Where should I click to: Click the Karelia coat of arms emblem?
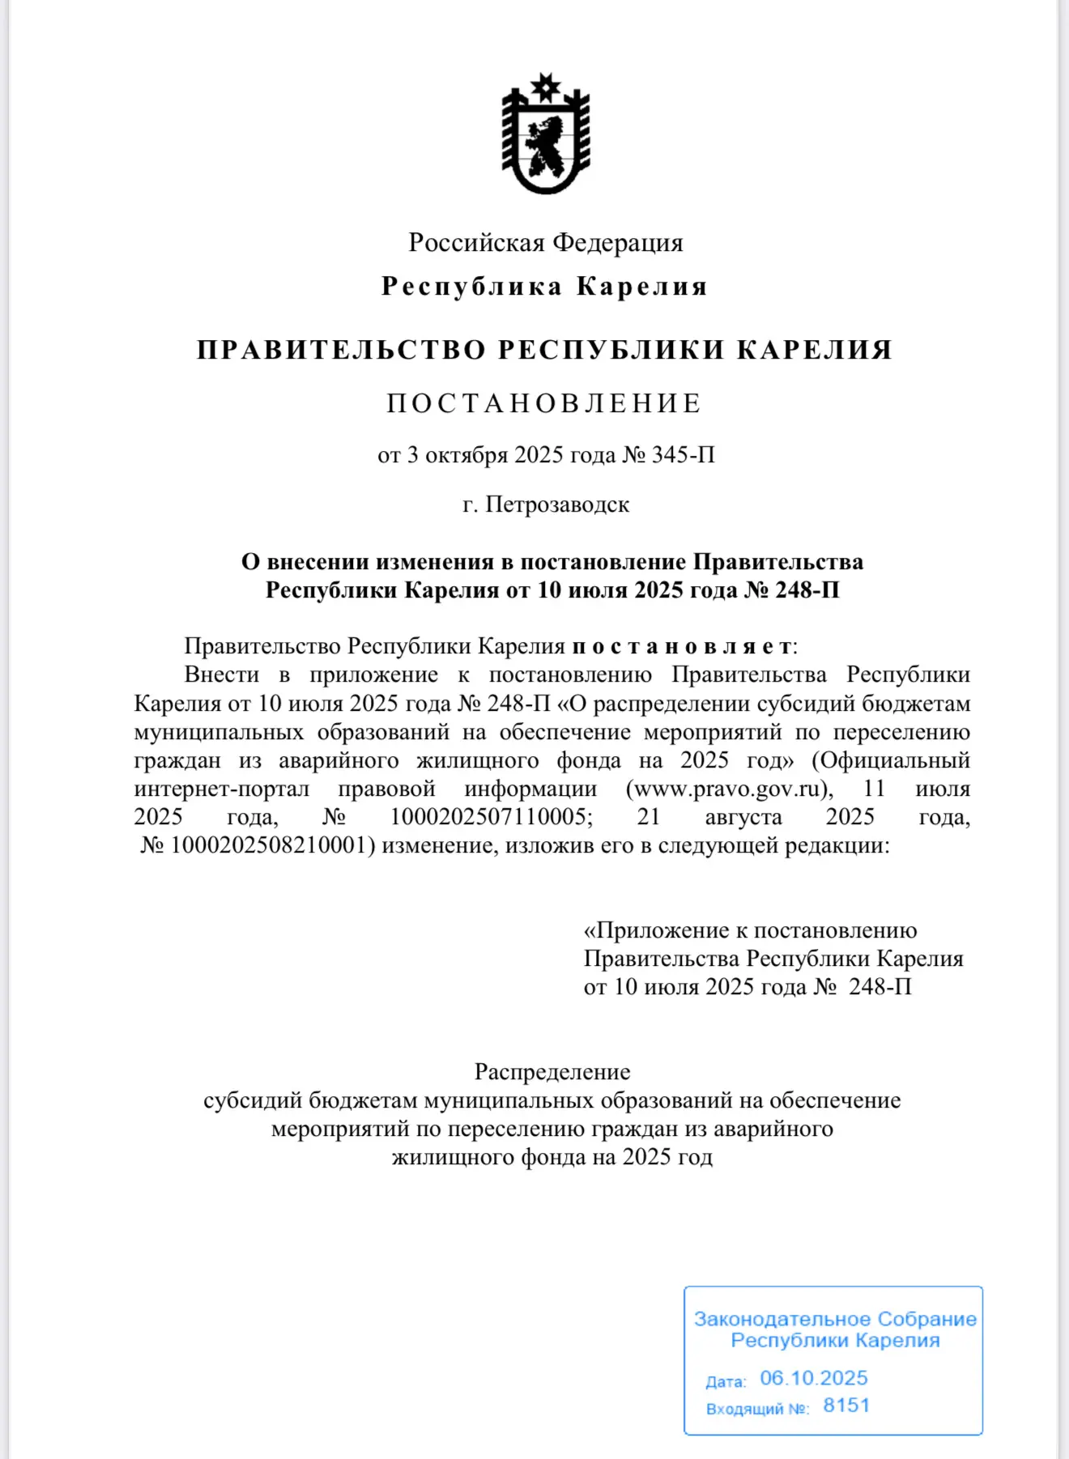pyautogui.click(x=545, y=134)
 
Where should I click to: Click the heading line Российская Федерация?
pyautogui.click(x=545, y=242)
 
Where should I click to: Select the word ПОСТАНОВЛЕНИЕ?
pyautogui.click(x=544, y=403)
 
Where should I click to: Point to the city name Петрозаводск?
pyautogui.click(x=557, y=504)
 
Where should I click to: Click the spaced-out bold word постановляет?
pyautogui.click(x=682, y=646)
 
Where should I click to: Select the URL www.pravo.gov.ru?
pyautogui.click(x=729, y=789)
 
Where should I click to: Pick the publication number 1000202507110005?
pyautogui.click(x=492, y=817)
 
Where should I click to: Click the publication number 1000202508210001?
pyautogui.click(x=272, y=845)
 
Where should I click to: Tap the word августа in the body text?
pyautogui.click(x=743, y=817)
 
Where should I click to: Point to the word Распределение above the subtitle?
pyautogui.click(x=552, y=1072)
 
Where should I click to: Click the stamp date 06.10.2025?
pyautogui.click(x=813, y=1378)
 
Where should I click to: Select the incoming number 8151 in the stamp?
pyautogui.click(x=846, y=1406)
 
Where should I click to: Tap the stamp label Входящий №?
pyautogui.click(x=757, y=1409)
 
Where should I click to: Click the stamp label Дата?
pyautogui.click(x=726, y=1382)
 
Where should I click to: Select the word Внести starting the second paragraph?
pyautogui.click(x=222, y=674)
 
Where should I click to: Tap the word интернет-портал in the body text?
pyautogui.click(x=222, y=789)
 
